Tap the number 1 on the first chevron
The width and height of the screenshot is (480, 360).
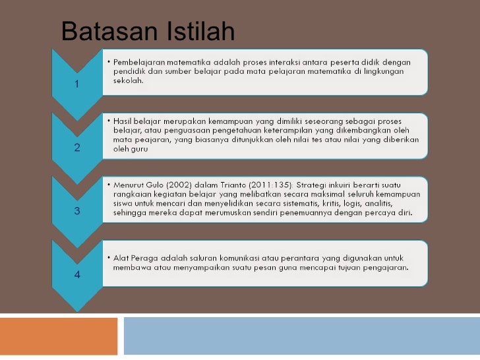tap(77, 84)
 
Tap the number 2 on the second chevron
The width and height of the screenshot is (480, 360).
tap(77, 147)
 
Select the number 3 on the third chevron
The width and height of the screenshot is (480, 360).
tap(77, 211)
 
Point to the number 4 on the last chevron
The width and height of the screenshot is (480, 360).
tap(77, 274)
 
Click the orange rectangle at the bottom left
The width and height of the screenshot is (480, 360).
tap(59, 336)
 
